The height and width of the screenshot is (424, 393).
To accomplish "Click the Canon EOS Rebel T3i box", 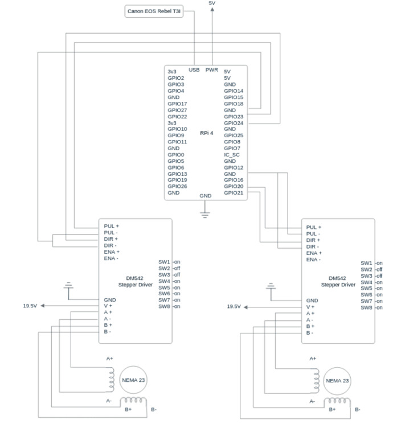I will point(154,11).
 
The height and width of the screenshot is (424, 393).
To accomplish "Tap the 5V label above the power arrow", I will point(212,3).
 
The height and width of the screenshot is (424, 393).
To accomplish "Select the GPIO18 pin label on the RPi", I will point(234,104).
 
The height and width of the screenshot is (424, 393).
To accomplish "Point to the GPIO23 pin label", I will point(234,116).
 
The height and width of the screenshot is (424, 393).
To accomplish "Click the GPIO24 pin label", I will point(234,123).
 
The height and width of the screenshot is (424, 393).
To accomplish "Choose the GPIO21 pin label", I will point(234,193).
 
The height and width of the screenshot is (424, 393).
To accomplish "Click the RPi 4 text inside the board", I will point(207,133).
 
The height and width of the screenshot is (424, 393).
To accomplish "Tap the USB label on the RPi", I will point(194,69).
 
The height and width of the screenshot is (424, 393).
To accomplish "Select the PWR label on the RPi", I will point(212,69).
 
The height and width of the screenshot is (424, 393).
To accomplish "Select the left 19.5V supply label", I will point(30,306).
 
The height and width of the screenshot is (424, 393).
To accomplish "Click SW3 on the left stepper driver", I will point(164,274).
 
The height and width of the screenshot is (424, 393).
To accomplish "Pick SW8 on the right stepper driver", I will point(366,307).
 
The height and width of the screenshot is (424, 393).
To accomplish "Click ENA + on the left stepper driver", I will point(111,252).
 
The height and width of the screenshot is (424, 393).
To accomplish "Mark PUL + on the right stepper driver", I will point(313,227).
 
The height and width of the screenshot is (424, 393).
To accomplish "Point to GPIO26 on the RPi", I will point(177,187).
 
